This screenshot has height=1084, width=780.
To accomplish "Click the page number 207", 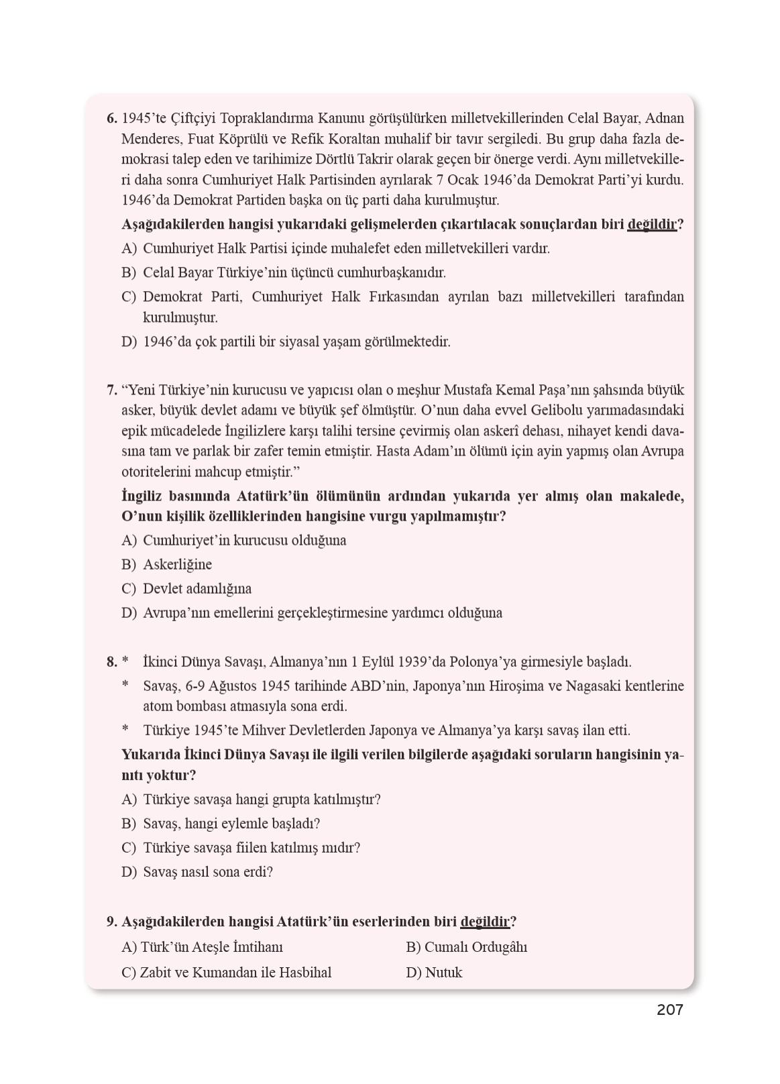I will click(669, 1010).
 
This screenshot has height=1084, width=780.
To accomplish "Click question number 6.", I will click(111, 119).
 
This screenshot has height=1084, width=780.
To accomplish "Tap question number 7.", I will click(111, 390).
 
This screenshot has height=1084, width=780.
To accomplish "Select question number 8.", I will click(111, 662).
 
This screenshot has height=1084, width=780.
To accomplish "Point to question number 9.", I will click(112, 922).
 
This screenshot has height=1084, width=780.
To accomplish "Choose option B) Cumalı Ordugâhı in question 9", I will click(466, 947).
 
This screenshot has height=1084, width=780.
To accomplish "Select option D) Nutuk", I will click(434, 973).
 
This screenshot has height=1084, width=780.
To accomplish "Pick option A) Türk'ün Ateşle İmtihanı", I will click(202, 947).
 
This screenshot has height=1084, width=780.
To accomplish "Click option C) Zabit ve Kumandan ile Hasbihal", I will click(226, 973).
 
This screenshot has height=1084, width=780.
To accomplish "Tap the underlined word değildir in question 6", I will click(651, 225).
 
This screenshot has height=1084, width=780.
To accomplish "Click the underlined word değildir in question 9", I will click(485, 922).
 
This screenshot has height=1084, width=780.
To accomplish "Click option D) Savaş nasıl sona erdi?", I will click(197, 872).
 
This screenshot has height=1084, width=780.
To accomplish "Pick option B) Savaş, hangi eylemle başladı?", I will click(221, 824).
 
